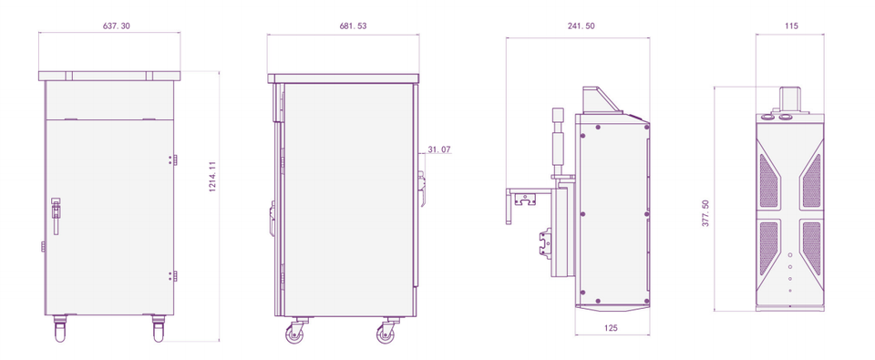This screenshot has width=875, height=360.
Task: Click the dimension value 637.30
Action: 118,26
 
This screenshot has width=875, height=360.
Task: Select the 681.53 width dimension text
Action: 354,26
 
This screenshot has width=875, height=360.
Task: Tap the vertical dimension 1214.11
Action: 212,177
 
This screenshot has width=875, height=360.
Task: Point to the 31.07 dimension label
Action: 439,149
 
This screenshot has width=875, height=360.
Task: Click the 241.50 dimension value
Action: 581,26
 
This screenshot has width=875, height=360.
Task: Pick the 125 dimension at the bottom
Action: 610,328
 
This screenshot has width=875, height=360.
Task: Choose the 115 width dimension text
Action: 791,26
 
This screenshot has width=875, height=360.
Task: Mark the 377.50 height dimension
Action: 705,212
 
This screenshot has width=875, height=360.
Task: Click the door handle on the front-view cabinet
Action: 56,215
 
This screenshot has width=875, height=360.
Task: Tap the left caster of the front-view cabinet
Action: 60,328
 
